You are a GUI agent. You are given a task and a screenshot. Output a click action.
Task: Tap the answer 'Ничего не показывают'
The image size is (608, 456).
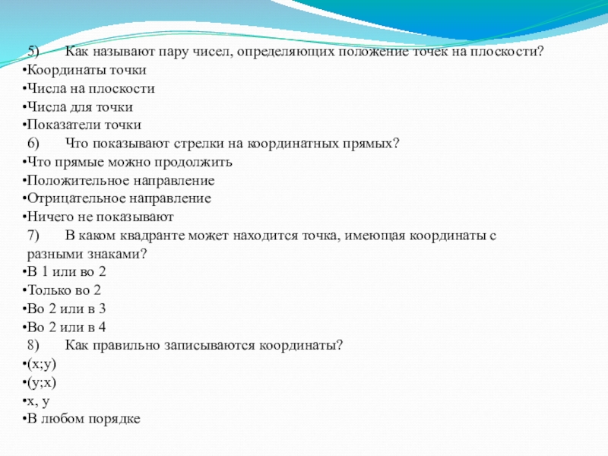click(94, 217)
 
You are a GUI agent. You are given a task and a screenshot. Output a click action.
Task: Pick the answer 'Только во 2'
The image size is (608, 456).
click(65, 290)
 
